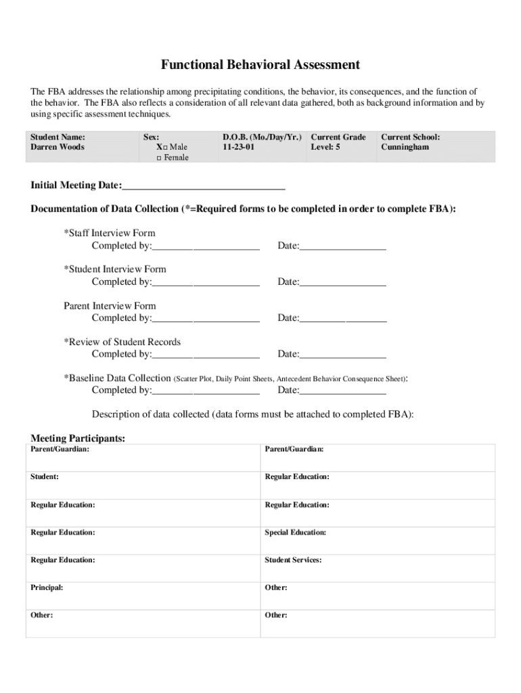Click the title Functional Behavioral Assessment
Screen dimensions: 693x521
tap(260, 65)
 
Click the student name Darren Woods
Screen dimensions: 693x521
tap(58, 147)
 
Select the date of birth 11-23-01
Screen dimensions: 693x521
tap(238, 147)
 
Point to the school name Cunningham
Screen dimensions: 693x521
tap(405, 147)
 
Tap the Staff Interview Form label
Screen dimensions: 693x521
tap(110, 233)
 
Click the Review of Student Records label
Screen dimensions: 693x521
tap(122, 342)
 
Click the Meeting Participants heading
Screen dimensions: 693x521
tap(78, 439)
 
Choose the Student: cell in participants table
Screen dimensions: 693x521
tap(44, 477)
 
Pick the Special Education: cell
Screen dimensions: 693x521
tap(295, 533)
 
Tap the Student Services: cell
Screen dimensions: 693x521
tap(293, 560)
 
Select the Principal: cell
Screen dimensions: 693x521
tap(47, 587)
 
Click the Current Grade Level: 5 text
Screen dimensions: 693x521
tap(338, 142)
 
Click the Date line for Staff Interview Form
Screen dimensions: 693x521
tap(342, 246)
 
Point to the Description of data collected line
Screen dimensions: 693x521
tap(252, 414)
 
